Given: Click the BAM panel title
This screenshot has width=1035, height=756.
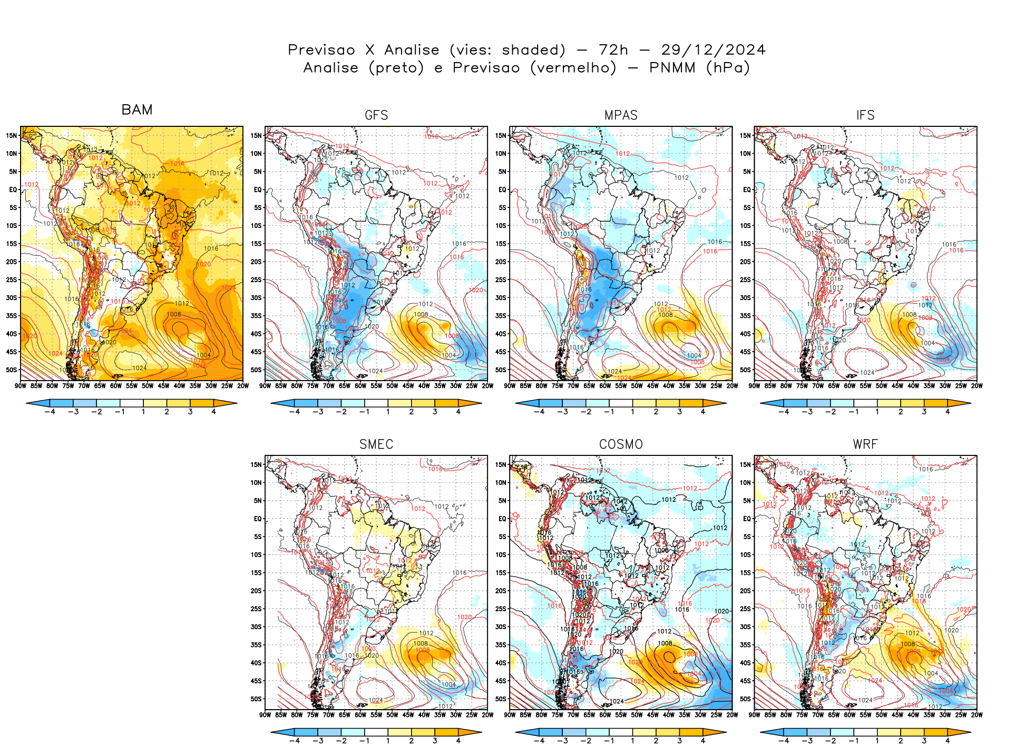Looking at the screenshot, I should pyautogui.click(x=137, y=110).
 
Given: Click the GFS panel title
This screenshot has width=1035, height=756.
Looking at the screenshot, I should pyautogui.click(x=376, y=115).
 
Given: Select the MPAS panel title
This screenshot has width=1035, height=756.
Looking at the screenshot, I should pyautogui.click(x=621, y=115).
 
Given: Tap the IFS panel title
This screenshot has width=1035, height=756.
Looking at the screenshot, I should pyautogui.click(x=865, y=115).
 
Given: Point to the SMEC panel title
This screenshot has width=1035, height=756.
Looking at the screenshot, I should pyautogui.click(x=376, y=444).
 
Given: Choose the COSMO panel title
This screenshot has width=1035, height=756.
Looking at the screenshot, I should pyautogui.click(x=621, y=444).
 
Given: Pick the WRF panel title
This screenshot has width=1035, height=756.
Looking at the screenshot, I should pyautogui.click(x=865, y=444).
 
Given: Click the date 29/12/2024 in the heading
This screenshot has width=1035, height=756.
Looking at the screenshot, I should pyautogui.click(x=713, y=50).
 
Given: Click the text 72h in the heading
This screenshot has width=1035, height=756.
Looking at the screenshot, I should pyautogui.click(x=613, y=50).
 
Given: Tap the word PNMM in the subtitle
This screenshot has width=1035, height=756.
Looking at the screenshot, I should pyautogui.click(x=672, y=68).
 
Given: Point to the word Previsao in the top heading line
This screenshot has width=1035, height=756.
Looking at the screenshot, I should pyautogui.click(x=321, y=50).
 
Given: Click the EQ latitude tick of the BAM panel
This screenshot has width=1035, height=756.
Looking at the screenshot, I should pyautogui.click(x=13, y=190).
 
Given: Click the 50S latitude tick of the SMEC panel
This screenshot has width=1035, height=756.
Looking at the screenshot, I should pyautogui.click(x=256, y=699).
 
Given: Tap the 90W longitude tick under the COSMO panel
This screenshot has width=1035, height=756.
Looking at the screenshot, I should pyautogui.click(x=510, y=715).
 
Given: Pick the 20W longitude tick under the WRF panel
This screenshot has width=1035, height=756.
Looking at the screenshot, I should pyautogui.click(x=977, y=715).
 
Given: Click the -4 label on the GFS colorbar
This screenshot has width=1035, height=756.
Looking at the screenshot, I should pyautogui.click(x=295, y=412).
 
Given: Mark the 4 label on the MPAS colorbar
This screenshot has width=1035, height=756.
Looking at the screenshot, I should pyautogui.click(x=703, y=412).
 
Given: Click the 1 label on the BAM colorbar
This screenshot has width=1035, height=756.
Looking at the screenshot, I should pyautogui.click(x=143, y=412).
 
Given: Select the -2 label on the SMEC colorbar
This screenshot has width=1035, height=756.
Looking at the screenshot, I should pyautogui.click(x=341, y=741).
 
